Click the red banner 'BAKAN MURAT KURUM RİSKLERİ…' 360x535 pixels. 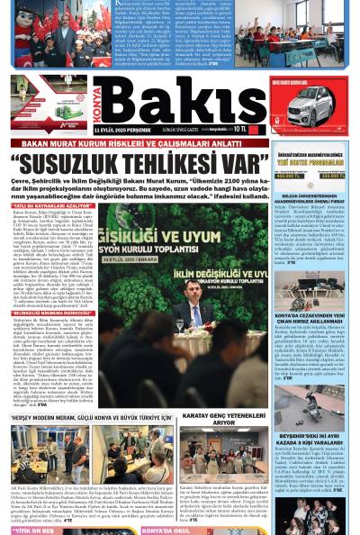coord(135,146)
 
